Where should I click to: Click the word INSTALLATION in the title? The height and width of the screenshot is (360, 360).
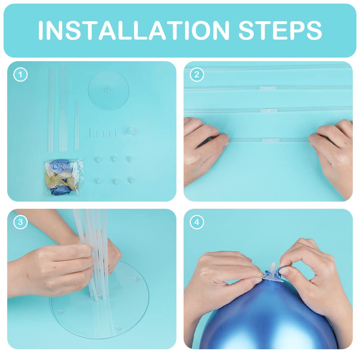point(134,30)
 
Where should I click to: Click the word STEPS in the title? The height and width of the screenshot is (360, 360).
point(280,30)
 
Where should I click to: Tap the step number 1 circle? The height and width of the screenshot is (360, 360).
point(21,75)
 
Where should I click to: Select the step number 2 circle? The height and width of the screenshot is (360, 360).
point(197,75)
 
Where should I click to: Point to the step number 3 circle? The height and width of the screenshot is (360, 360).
point(21,222)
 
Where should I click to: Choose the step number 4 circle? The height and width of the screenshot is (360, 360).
point(197,222)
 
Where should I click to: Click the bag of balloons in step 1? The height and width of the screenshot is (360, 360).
point(64,178)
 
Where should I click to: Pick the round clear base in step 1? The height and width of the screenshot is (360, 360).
point(108,90)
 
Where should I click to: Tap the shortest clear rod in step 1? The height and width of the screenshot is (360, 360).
point(77,125)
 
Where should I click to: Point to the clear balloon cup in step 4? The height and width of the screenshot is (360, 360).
point(273,273)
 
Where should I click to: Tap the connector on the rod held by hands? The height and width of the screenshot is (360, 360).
point(271,140)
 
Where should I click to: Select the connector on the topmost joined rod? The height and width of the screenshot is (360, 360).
point(268,88)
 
